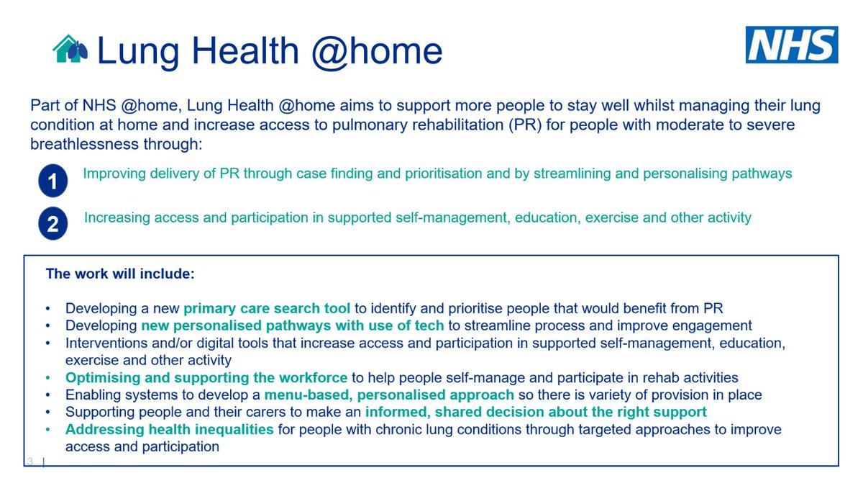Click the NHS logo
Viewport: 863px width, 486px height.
click(791, 45)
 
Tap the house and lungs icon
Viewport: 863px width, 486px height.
click(71, 49)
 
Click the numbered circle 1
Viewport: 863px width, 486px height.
click(52, 181)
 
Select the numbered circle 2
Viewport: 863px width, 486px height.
click(52, 225)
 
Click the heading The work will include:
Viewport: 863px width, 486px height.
click(120, 274)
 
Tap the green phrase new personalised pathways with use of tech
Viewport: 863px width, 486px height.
click(293, 326)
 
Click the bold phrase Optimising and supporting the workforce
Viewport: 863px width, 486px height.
click(206, 378)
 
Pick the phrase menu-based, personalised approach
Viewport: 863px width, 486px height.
click(389, 395)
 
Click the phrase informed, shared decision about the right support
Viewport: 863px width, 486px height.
click(536, 413)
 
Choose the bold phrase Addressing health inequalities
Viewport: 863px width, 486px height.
click(170, 430)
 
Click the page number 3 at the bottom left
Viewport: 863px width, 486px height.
click(30, 461)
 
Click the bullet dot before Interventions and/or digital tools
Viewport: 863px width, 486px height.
click(48, 343)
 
